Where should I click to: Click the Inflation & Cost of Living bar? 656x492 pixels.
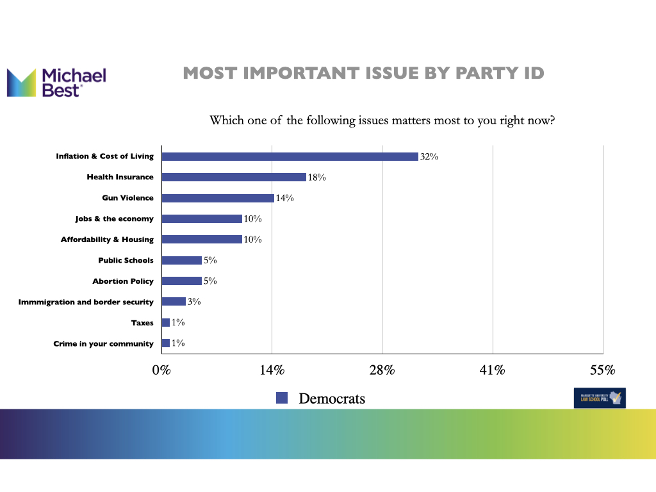point(290,156)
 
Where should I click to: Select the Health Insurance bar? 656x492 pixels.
point(234,177)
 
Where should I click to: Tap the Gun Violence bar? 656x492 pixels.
point(218,198)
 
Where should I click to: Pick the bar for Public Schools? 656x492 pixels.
point(182,260)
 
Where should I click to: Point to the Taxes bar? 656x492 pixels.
point(166,322)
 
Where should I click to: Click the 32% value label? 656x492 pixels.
point(429,156)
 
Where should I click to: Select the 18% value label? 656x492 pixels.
point(316,177)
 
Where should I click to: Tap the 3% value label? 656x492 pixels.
point(195,302)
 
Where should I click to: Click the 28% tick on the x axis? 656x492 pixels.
point(382,370)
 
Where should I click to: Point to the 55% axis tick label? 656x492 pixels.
point(602,370)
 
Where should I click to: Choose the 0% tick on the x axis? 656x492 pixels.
point(161,370)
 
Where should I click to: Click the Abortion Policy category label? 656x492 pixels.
point(123,281)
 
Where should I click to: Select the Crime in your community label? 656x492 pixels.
point(104,343)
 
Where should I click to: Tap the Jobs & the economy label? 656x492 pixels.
point(115,219)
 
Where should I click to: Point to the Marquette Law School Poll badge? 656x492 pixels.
point(600,398)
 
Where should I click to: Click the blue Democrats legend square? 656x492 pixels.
point(281,398)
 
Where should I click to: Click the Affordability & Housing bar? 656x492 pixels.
point(202,240)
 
